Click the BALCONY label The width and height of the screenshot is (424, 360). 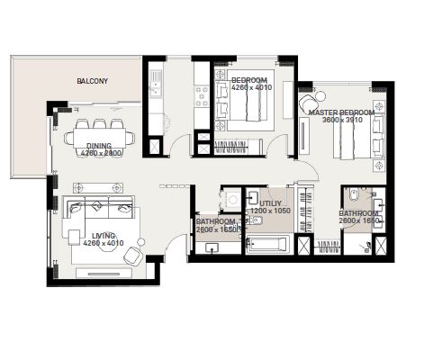92,81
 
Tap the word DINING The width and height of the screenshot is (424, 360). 99,146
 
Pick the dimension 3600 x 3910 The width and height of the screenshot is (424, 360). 343,121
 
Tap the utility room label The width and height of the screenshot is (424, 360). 271,204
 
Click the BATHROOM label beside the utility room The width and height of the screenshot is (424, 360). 216,221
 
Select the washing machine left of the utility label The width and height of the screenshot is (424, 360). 232,199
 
